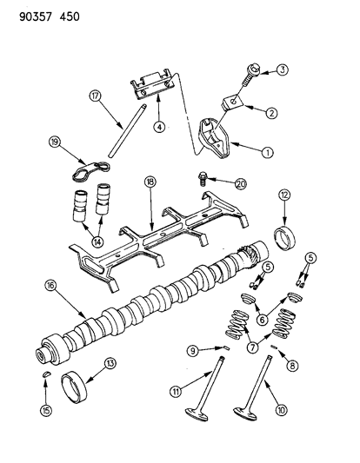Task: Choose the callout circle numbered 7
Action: click(252, 347)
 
